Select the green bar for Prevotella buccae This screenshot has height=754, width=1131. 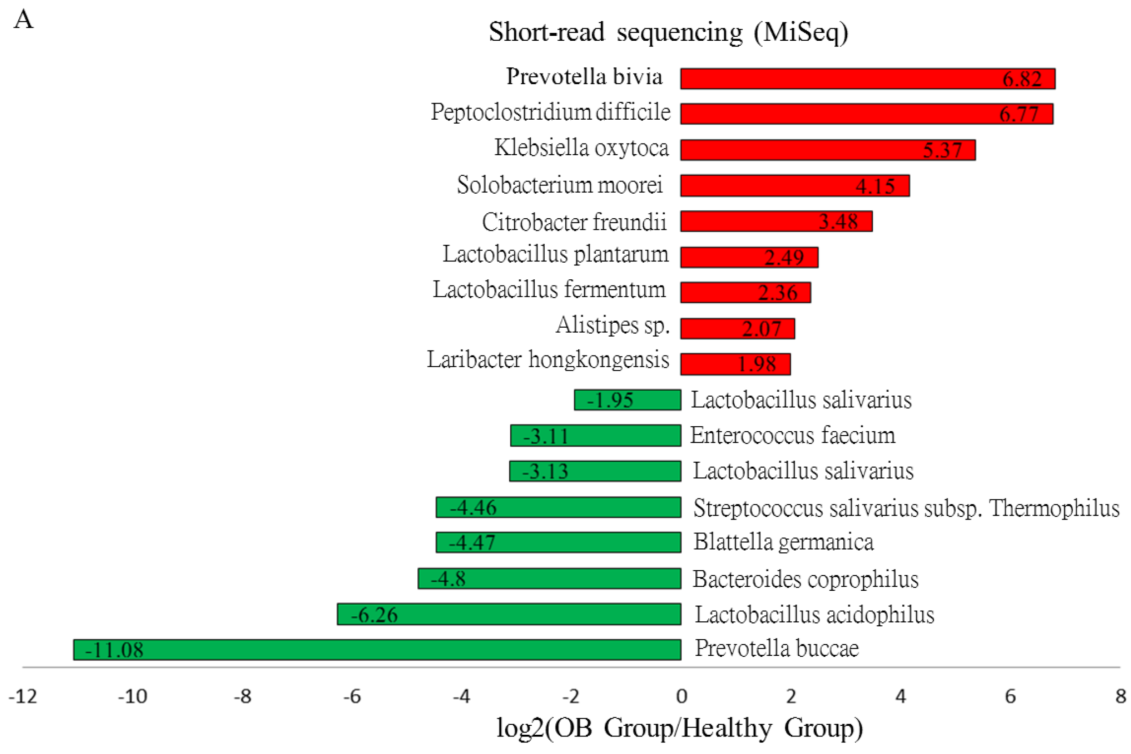coord(377,650)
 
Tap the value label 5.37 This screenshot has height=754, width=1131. coord(942,151)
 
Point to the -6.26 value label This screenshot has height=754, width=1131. coord(374,615)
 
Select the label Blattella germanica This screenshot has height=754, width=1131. coord(783,542)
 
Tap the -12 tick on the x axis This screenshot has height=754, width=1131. coord(22,696)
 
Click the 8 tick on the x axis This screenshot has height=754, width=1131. coord(1121,696)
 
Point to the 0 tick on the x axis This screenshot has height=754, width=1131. coord(681,696)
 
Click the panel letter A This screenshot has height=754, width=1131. coord(24,20)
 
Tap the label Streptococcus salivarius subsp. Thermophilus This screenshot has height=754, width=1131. coord(906,508)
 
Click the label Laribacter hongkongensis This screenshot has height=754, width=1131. coord(548,360)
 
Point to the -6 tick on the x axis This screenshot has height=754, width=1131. coord(352,696)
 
